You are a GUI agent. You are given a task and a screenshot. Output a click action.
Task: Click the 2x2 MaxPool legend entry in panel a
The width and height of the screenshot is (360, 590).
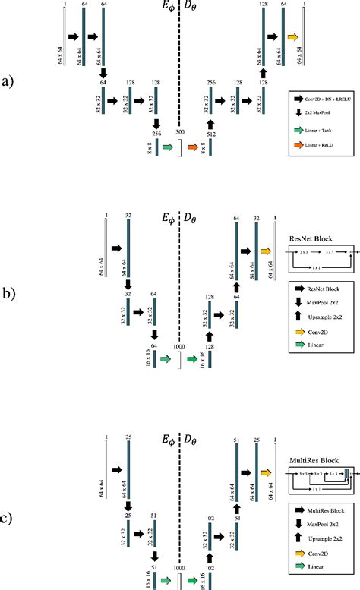coord(322,112)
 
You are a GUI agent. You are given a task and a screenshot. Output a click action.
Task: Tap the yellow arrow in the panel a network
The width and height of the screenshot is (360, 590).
coord(292,36)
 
